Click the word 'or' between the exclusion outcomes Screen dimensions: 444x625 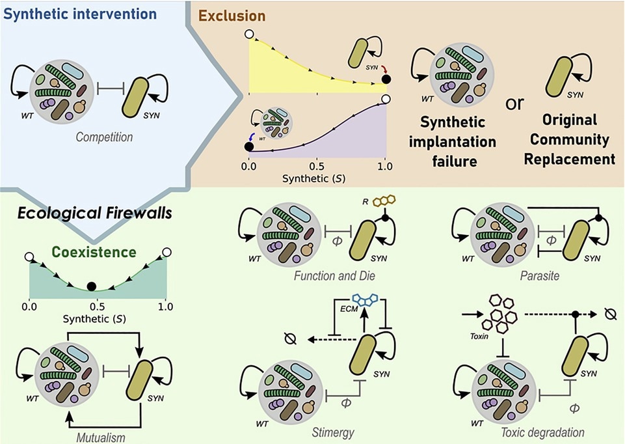[515, 104]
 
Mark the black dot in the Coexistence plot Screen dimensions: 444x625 [92, 286]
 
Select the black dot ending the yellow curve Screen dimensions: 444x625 [386, 80]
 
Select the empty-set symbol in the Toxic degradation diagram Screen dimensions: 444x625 [609, 314]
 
